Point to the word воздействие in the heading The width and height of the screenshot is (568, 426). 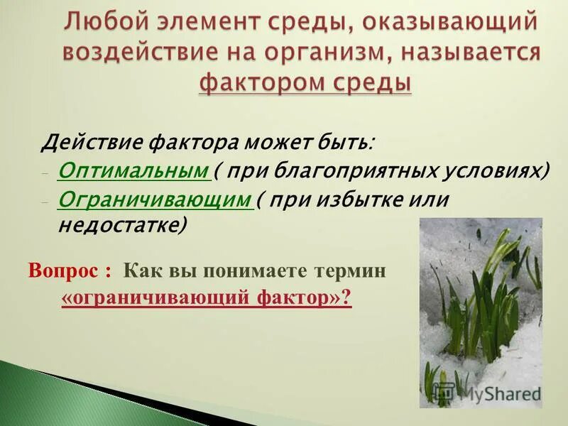[x=145, y=53]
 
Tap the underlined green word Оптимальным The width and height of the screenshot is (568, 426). [x=133, y=171]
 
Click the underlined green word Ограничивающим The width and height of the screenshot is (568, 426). [x=155, y=200]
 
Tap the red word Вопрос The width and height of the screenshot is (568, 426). [x=64, y=271]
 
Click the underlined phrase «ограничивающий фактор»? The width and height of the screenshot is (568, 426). [x=207, y=299]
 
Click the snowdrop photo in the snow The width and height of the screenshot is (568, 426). [x=480, y=305]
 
